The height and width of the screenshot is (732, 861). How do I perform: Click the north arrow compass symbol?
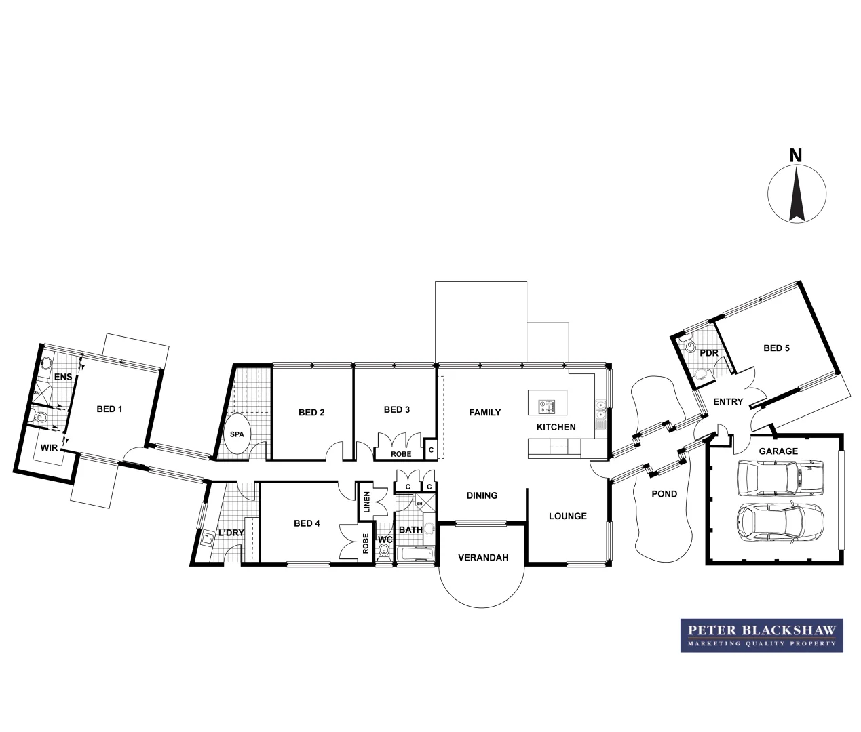click(x=797, y=193)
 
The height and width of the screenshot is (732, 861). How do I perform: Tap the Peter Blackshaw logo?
click(x=761, y=635)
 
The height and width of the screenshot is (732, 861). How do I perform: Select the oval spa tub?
click(x=237, y=434)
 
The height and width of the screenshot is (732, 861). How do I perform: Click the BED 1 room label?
click(x=109, y=409)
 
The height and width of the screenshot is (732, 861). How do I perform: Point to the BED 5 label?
click(x=776, y=348)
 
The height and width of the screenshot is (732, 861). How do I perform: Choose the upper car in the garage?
click(x=780, y=477)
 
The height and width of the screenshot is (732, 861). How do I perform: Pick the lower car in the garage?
click(x=780, y=522)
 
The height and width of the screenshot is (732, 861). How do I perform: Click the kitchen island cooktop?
click(x=547, y=407)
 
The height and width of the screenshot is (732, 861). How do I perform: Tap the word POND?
click(x=664, y=494)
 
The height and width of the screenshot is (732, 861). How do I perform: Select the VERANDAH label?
click(x=483, y=558)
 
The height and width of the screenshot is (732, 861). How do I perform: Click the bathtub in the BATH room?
click(x=415, y=554)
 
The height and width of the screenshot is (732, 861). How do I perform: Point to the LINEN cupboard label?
click(x=366, y=502)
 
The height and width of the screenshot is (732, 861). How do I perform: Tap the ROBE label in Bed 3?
click(x=400, y=453)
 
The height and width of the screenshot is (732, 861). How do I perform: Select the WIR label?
click(x=48, y=448)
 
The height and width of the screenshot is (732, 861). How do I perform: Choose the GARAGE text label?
click(x=778, y=451)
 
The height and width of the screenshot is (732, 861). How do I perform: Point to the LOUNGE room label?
click(x=567, y=516)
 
